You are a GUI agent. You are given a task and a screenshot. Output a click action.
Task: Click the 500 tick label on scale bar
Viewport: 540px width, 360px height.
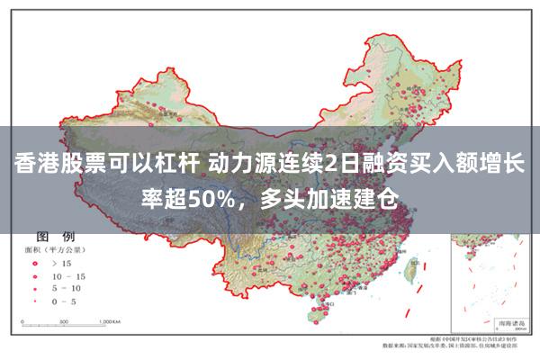(x=67, y=321)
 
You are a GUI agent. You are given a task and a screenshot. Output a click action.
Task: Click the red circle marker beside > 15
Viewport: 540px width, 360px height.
(x=37, y=262)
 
